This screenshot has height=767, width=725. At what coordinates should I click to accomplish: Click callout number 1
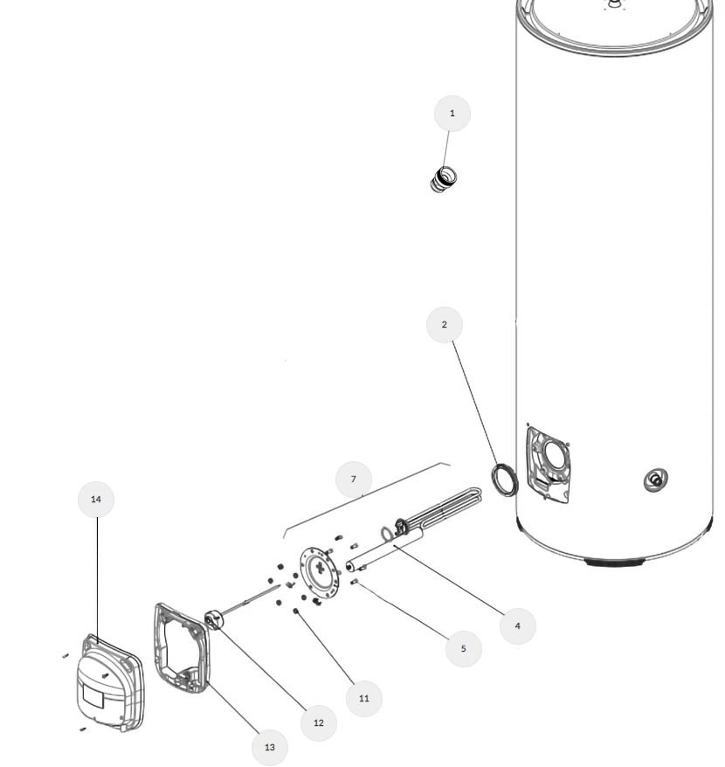[452, 114]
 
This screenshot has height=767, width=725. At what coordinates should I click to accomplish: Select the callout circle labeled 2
[444, 325]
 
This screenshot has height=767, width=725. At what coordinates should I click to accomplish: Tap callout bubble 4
[517, 626]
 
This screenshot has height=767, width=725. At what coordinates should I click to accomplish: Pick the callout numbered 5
[463, 649]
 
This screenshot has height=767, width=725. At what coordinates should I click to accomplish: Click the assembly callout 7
[354, 480]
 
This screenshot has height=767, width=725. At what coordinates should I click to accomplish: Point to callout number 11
[364, 699]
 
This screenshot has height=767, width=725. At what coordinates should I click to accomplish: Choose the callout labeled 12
[318, 723]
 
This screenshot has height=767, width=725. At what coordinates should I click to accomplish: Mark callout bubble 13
[269, 748]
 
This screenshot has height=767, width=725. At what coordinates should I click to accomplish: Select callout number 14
[96, 500]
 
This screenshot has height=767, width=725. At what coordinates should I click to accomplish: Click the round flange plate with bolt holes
[318, 573]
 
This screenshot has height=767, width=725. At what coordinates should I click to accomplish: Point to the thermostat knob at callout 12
[214, 621]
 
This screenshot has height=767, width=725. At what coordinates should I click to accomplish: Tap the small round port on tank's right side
[652, 480]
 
